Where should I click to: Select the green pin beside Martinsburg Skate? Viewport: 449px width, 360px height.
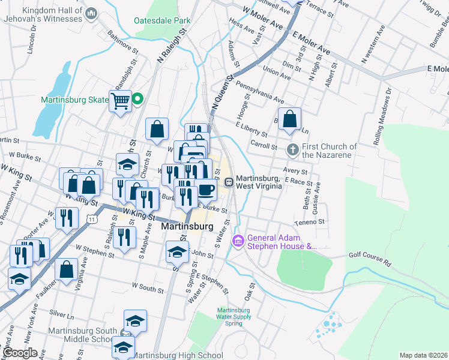(137, 100)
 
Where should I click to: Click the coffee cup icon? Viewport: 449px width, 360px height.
(206, 190)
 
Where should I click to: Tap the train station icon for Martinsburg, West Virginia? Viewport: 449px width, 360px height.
(229, 182)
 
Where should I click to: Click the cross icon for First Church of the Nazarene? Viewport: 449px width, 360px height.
(292, 149)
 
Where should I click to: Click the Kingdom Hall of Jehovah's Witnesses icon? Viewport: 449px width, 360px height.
(92, 13)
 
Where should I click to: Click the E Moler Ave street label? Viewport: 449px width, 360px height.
(311, 41)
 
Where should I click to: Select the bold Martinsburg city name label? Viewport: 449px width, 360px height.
(188, 227)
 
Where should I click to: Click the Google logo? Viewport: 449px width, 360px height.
(20, 352)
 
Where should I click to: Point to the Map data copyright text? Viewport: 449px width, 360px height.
(423, 355)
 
